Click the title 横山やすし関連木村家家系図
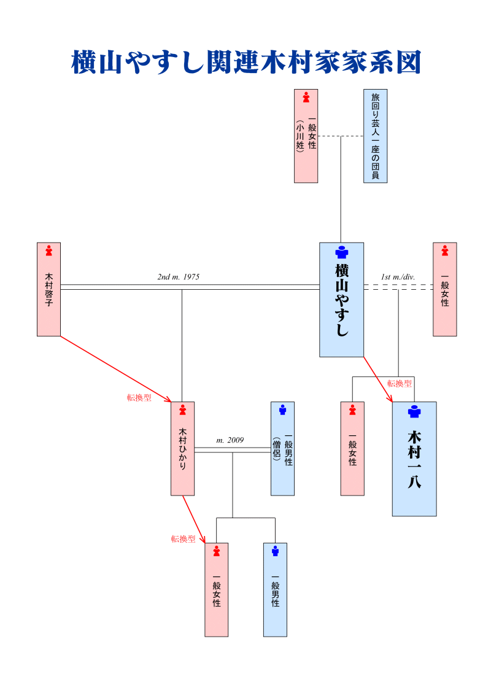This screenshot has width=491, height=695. click(245, 62)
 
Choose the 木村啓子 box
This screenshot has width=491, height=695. click(48, 289)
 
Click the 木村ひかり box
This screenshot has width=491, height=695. click(182, 448)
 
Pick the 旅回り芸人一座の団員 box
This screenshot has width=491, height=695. click(375, 136)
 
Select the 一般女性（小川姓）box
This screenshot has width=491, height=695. click(306, 136)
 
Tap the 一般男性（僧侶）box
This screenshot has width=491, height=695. click(282, 448)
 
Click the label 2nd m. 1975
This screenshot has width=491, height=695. click(179, 277)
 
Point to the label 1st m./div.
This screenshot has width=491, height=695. click(398, 277)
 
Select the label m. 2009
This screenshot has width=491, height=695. click(230, 440)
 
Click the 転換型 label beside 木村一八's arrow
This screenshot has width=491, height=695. click(400, 384)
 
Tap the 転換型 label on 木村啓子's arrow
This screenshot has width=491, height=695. click(139, 397)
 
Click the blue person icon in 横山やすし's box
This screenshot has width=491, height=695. click(341, 252)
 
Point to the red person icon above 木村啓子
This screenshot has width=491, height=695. click(48, 250)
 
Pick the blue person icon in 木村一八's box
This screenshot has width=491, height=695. click(414, 411)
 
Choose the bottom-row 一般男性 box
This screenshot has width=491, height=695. click(275, 589)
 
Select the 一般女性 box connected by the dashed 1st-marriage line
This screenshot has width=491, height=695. click(444, 289)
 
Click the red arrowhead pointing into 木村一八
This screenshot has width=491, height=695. click(390, 400)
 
